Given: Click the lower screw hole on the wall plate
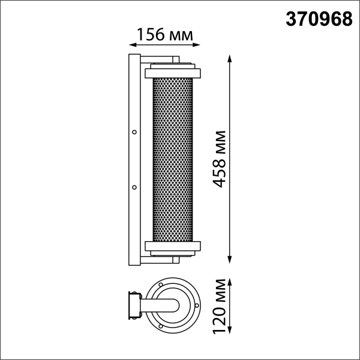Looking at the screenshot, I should (x=134, y=187).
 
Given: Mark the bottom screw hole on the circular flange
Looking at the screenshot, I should (x=163, y=328).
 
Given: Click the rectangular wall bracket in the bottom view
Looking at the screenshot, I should (x=133, y=305).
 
